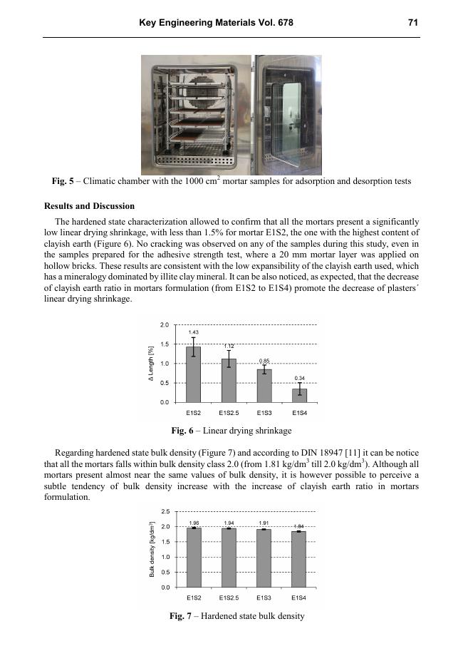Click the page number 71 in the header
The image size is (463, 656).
pyautogui.click(x=412, y=23)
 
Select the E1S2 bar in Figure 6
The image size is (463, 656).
pyautogui.click(x=193, y=374)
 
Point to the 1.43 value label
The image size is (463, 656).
pyautogui.click(x=193, y=332)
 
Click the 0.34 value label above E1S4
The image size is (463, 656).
pyautogui.click(x=299, y=377)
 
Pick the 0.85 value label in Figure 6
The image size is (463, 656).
pyautogui.click(x=264, y=361)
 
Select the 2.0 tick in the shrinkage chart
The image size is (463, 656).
pyautogui.click(x=164, y=324)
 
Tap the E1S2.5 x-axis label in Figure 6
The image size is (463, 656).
pyautogui.click(x=228, y=413)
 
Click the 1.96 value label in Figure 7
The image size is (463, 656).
pyautogui.click(x=193, y=523)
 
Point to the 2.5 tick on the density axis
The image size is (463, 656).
pyautogui.click(x=165, y=511)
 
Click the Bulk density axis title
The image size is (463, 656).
pyautogui.click(x=152, y=549)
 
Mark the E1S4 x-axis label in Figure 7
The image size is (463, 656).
pyautogui.click(x=299, y=597)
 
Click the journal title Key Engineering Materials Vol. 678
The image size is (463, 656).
pyautogui.click(x=216, y=23)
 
